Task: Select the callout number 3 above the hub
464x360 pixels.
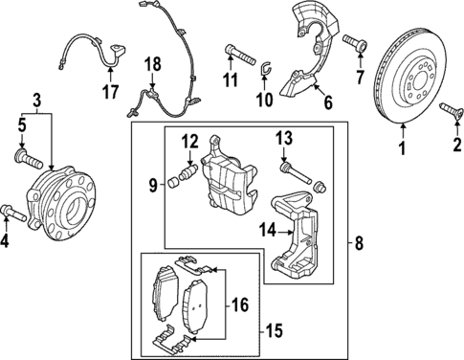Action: (37, 101)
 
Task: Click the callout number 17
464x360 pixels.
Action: (110, 92)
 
